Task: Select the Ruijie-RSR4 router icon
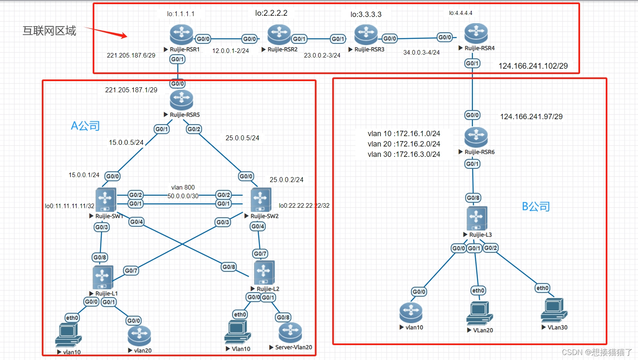[x=476, y=34]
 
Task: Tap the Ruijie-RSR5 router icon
[x=181, y=100]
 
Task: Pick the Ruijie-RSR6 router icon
[x=476, y=137]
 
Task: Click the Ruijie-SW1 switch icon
[x=106, y=199]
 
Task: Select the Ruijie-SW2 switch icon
[x=261, y=199]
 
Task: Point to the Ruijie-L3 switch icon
[x=477, y=218]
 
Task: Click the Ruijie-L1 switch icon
[x=103, y=277]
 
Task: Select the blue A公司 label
[x=85, y=126]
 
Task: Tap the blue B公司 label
[x=536, y=206]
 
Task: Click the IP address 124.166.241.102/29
[x=533, y=66]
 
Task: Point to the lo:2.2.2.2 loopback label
[x=271, y=13]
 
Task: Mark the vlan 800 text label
[x=183, y=187]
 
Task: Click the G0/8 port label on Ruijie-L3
[x=473, y=198]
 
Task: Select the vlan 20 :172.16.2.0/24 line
[x=404, y=144]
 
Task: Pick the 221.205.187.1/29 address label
[x=131, y=90]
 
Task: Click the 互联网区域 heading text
[x=49, y=31]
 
